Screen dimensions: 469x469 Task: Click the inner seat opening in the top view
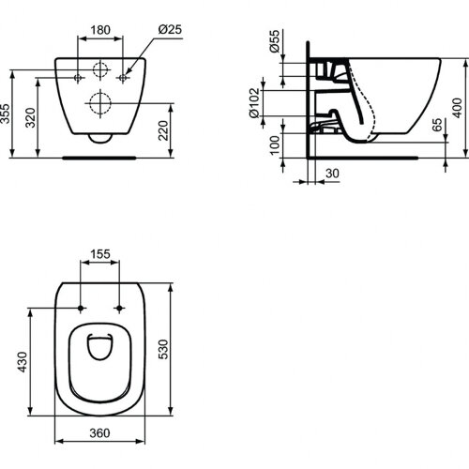click(99, 348)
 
